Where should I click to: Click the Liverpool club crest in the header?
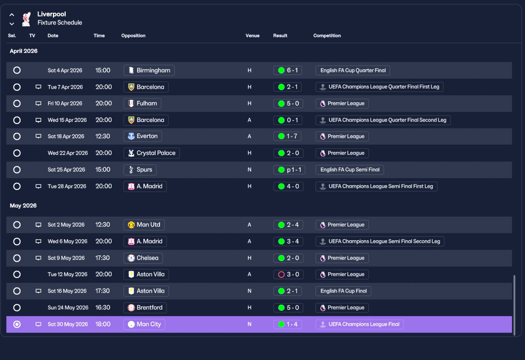point(26,19)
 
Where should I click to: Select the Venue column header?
point(252,36)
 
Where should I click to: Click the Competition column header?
point(327,36)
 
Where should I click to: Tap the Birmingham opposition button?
point(149,70)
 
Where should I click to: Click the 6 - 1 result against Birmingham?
point(288,70)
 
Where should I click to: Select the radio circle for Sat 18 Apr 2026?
point(17,136)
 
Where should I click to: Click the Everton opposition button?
point(142,136)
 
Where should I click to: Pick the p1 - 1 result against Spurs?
point(289,170)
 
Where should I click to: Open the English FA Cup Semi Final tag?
point(350,170)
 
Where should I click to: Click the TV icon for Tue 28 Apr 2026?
point(38,186)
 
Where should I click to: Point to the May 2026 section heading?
point(23,206)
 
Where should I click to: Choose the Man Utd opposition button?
point(144,225)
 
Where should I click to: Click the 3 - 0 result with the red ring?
point(288,274)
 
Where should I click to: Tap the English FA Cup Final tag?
point(343,291)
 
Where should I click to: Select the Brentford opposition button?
point(145,308)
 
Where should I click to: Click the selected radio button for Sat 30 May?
point(17,324)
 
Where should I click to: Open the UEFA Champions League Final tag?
point(360,324)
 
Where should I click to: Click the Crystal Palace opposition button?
point(152,153)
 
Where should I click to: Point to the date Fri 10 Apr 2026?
point(65,103)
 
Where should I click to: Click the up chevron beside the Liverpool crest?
point(12,15)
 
